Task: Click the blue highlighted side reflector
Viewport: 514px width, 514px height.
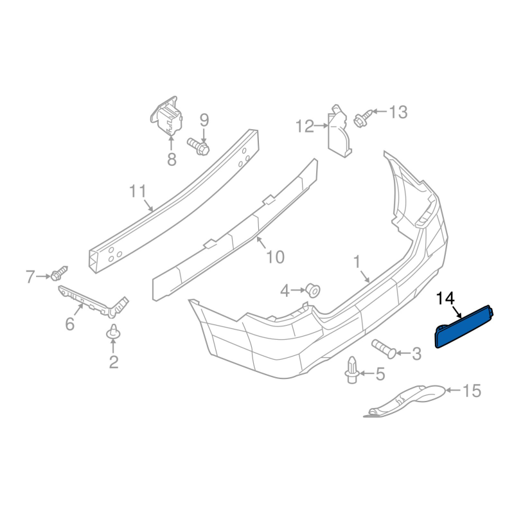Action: pos(464,327)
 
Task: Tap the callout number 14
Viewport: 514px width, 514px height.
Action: pos(445,299)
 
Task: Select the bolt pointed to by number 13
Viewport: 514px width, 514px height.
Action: pos(362,118)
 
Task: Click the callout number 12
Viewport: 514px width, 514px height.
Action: pos(305,126)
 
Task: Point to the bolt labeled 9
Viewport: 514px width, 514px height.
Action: pos(199,146)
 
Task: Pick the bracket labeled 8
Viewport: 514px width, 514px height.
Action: pos(167,116)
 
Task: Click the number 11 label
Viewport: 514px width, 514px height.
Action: pos(137,191)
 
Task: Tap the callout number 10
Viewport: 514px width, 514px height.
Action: pos(276,257)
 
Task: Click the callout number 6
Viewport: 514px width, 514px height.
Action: pos(70,324)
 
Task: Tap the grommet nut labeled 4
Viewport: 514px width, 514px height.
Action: pos(313,290)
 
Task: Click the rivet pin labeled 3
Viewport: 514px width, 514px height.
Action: pos(384,349)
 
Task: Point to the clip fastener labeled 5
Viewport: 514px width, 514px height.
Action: pos(351,370)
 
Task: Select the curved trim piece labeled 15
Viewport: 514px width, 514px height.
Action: pos(405,401)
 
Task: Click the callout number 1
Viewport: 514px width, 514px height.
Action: pos(357,262)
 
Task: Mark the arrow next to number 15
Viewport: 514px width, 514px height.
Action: pos(454,390)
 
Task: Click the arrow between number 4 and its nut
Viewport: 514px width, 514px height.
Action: pos(298,290)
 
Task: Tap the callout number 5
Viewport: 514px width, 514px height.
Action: pos(380,374)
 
